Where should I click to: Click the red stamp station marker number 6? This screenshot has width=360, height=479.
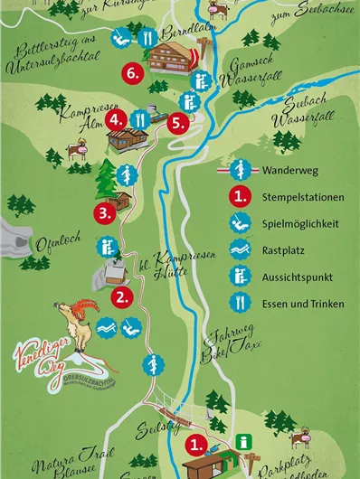click(133, 73)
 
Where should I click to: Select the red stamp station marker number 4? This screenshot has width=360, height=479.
click(115, 118)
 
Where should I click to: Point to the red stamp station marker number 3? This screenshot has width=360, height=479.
click(106, 213)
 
